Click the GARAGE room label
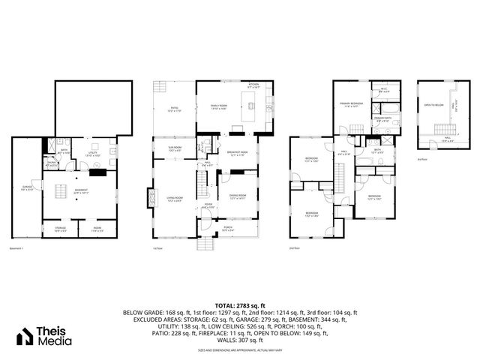(x=26, y=188)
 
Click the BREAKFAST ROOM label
(x=238, y=153)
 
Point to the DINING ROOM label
(x=238, y=197)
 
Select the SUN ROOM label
(x=174, y=149)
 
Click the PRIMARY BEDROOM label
(x=352, y=103)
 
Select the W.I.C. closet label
(x=382, y=88)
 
